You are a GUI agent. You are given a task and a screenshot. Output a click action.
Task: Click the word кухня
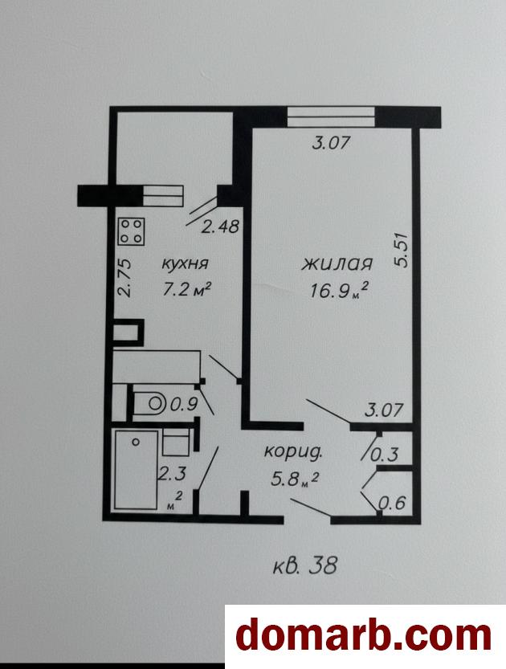pyautogui.click(x=186, y=263)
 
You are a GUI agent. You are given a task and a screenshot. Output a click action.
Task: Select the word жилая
pyautogui.click(x=337, y=264)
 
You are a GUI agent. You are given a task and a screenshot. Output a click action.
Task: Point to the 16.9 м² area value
pyautogui.click(x=339, y=291)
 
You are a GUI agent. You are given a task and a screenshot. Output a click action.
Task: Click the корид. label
pyautogui.click(x=292, y=452)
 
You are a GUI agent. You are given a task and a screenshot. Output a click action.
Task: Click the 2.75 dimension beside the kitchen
pyautogui.click(x=124, y=278)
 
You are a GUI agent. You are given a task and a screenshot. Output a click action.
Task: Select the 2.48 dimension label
pyautogui.click(x=220, y=226)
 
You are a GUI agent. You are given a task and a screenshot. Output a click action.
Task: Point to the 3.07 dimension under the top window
pyautogui.click(x=331, y=142)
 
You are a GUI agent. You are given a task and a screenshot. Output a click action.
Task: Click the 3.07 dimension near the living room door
pyautogui.click(x=384, y=410)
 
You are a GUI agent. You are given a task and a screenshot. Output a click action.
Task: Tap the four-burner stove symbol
pyautogui.click(x=132, y=231)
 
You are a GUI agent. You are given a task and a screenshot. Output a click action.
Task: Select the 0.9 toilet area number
pyautogui.click(x=184, y=403)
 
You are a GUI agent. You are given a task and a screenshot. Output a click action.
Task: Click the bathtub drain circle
pyautogui.click(x=136, y=442)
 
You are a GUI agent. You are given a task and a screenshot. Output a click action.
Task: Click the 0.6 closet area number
pyautogui.click(x=392, y=503)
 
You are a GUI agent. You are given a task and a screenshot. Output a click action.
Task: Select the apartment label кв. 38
pyautogui.click(x=305, y=566)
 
